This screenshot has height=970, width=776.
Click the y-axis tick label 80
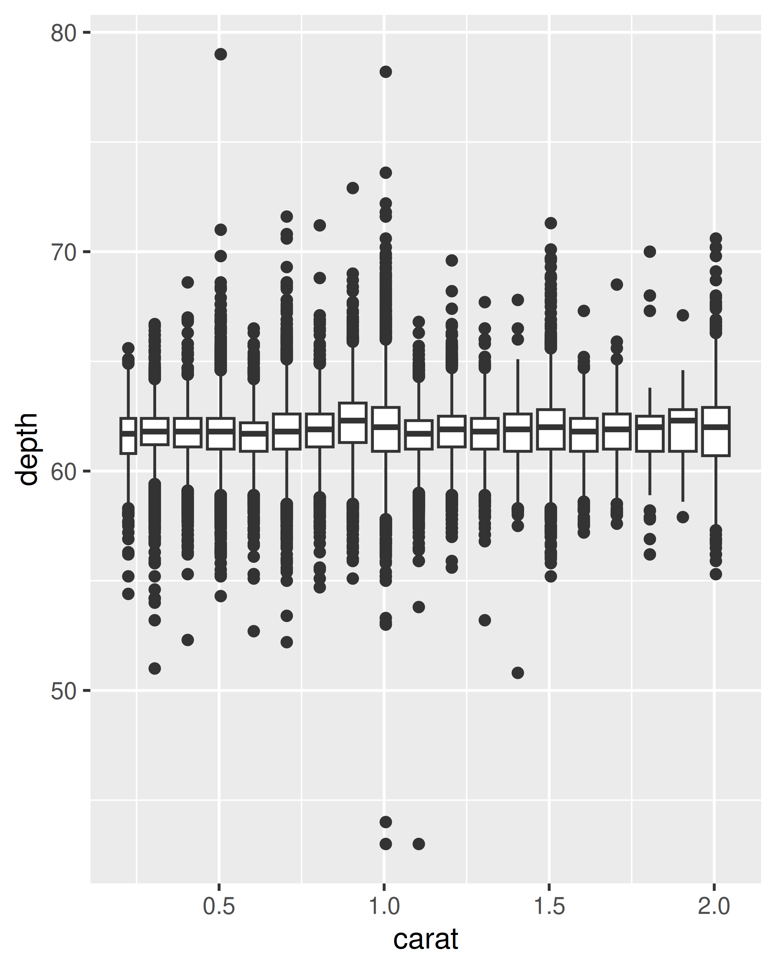(x=63, y=33)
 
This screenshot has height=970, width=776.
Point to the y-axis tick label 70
(x=63, y=253)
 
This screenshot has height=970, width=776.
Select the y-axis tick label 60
(x=63, y=472)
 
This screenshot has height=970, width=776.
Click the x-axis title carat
(x=426, y=939)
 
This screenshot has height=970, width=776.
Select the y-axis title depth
(x=27, y=449)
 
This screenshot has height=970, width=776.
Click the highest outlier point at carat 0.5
(x=221, y=54)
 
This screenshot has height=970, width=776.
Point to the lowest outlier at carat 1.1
(x=419, y=844)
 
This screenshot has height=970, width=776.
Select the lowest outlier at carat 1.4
(x=518, y=673)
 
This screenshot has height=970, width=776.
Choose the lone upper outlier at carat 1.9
(x=683, y=315)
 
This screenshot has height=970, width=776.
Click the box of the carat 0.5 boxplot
(x=221, y=434)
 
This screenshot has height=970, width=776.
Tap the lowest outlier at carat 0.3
(x=155, y=669)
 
